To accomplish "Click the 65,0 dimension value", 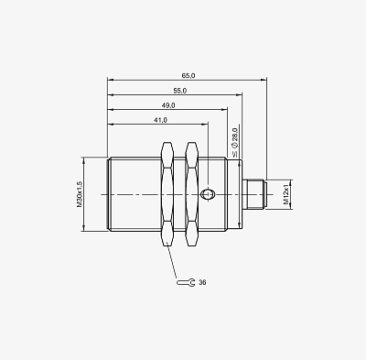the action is pos(188,76).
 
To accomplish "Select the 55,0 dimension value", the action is pos(180,91).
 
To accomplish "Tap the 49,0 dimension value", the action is pos(168,105).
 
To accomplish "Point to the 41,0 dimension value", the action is pos(160,120).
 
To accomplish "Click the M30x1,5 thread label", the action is pos(80,194).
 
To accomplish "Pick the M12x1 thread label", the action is pos(286,194).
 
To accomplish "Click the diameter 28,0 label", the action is pos(235,143).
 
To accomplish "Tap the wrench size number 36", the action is pos(202,282).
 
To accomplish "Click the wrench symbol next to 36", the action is pos(186,282).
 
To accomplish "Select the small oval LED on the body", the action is pos(208,194).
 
